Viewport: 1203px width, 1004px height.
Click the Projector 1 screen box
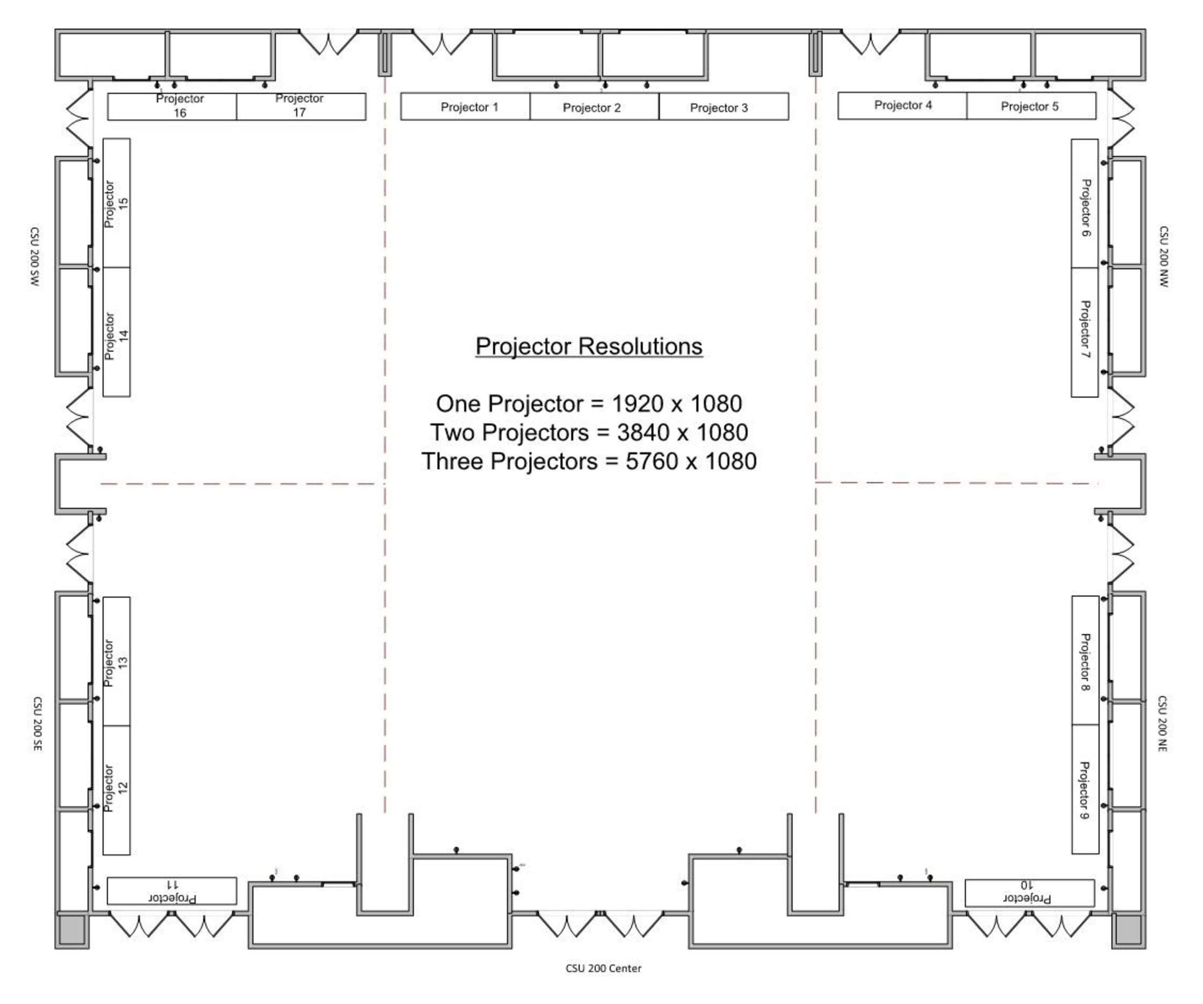[465, 107]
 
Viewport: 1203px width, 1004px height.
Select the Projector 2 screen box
[595, 107]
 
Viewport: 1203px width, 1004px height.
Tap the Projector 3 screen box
[724, 107]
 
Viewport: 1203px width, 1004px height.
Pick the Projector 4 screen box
[902, 105]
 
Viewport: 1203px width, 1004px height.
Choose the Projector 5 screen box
[1032, 105]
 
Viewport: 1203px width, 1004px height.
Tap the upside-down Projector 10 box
[1030, 893]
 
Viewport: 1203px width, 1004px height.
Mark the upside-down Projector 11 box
[172, 891]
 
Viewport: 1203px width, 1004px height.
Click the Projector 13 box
[116, 662]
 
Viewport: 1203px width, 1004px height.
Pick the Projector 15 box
[116, 203]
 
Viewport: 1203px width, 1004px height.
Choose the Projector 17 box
[301, 107]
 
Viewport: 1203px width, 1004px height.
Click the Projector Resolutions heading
[589, 347]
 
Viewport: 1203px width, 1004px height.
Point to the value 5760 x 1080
[691, 461]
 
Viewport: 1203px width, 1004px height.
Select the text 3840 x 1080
[682, 432]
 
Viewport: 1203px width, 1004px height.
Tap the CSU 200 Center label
[603, 968]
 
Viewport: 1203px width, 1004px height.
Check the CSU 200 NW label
[1163, 256]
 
